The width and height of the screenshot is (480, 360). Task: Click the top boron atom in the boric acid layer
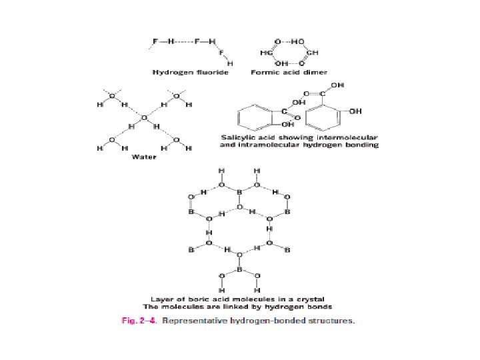pyautogui.click(x=239, y=192)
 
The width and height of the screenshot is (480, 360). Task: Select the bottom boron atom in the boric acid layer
pyautogui.click(x=239, y=271)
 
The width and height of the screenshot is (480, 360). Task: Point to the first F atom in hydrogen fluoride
pyautogui.click(x=155, y=41)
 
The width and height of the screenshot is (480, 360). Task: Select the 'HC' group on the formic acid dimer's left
pyautogui.click(x=265, y=52)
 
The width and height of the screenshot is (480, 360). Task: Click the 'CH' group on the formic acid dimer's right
pyautogui.click(x=315, y=52)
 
